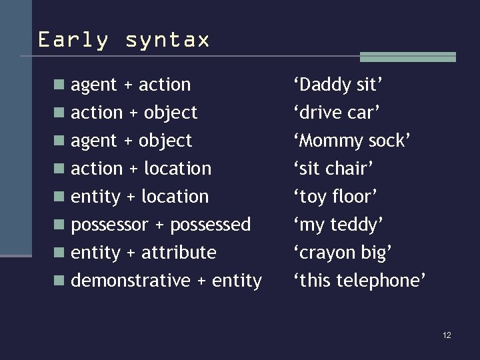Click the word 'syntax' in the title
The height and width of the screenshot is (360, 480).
(167, 40)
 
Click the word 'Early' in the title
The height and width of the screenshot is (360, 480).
(73, 40)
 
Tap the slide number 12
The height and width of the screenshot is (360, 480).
(447, 335)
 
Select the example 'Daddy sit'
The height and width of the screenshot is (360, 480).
(338, 85)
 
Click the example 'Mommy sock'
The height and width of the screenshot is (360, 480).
(352, 141)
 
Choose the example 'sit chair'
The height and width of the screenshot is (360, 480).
(333, 169)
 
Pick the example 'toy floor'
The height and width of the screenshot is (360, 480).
(336, 197)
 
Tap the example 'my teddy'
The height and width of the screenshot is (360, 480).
(339, 225)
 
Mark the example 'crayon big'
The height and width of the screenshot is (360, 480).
(343, 253)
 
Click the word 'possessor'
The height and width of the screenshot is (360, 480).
(110, 225)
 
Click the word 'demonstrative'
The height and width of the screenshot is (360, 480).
(131, 281)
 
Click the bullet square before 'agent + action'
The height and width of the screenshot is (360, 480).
(60, 85)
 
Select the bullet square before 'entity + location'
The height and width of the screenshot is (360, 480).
(60, 197)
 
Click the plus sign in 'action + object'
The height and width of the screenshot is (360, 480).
(133, 113)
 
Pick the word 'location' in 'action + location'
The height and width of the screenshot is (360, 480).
(177, 169)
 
